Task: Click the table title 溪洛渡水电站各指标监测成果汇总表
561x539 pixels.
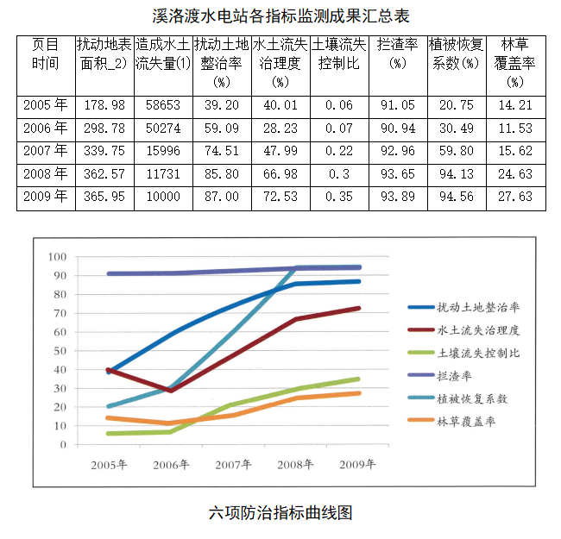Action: (x=280, y=16)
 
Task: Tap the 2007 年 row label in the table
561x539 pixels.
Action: (x=46, y=151)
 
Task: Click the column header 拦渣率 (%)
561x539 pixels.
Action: (x=398, y=53)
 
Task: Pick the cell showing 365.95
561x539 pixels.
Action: (x=102, y=197)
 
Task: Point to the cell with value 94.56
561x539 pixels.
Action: (x=457, y=197)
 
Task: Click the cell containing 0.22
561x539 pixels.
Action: (x=339, y=151)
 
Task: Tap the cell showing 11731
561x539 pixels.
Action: (x=162, y=173)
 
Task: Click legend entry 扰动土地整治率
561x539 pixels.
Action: (x=478, y=307)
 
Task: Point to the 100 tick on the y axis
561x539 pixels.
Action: (x=58, y=257)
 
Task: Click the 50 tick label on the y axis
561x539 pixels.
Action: (x=60, y=351)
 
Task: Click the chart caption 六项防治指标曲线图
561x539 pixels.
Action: (x=280, y=512)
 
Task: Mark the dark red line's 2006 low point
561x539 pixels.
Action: (x=172, y=391)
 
